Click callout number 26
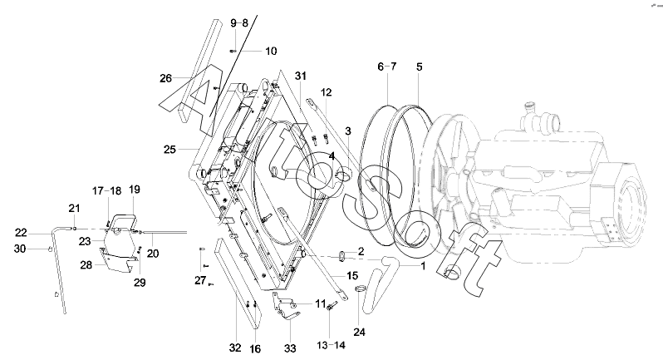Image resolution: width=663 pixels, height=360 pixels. (166, 78)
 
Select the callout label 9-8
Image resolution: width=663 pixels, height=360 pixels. (239, 22)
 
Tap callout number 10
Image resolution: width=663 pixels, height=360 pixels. (271, 52)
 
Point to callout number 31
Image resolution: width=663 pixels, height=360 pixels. (301, 76)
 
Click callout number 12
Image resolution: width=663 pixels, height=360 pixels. (327, 92)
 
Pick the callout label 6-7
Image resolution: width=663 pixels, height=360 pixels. (387, 67)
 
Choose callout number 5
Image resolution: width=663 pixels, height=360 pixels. (419, 67)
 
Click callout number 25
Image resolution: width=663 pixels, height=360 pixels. (169, 150)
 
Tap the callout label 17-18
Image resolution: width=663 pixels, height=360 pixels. (106, 191)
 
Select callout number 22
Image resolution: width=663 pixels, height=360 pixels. (21, 233)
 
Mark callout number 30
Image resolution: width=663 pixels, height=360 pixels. (20, 249)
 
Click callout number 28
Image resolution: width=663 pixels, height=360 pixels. (86, 265)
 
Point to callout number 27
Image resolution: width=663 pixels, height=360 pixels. (200, 280)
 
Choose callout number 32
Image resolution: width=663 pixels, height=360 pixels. (235, 348)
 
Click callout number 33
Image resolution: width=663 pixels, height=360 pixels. (290, 348)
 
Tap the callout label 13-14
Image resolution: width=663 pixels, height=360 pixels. (331, 345)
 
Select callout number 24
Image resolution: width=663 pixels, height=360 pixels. (359, 332)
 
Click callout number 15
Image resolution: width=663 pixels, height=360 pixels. (352, 276)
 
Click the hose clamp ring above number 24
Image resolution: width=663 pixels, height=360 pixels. (361, 289)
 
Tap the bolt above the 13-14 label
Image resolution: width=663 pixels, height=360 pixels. (331, 306)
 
